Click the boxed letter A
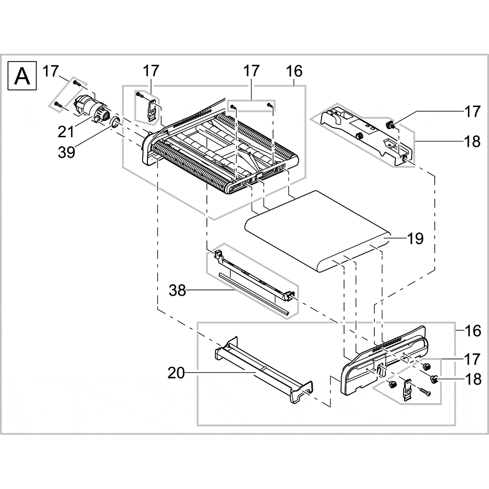pyautogui.click(x=23, y=76)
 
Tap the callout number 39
pyautogui.click(x=67, y=154)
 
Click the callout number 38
pyautogui.click(x=177, y=290)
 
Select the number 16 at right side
pyautogui.click(x=472, y=331)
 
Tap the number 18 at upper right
pyautogui.click(x=472, y=142)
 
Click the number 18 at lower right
pyautogui.click(x=472, y=379)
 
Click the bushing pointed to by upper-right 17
pyautogui.click(x=390, y=126)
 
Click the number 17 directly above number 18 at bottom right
pyautogui.click(x=472, y=358)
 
